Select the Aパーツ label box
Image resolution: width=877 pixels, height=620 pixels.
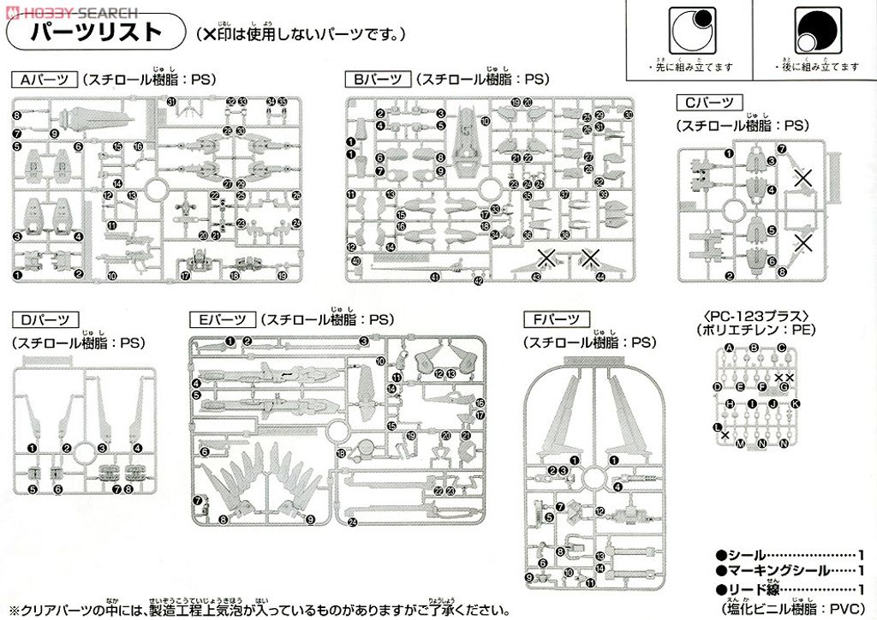pyautogui.click(x=43, y=80)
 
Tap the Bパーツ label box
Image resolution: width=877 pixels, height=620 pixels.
pyautogui.click(x=378, y=80)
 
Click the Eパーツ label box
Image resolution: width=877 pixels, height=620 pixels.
pyautogui.click(x=220, y=320)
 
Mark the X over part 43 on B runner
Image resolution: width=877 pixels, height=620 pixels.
pyautogui.click(x=544, y=256)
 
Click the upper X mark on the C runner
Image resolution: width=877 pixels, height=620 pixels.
pyautogui.click(x=802, y=178)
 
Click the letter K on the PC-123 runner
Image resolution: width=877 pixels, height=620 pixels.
pyautogui.click(x=794, y=403)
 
